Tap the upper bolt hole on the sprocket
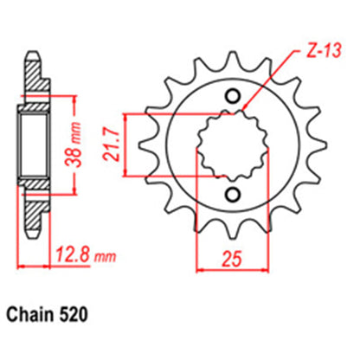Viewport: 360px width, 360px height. (x=231, y=95)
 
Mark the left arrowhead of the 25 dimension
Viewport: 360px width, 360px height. (x=201, y=270)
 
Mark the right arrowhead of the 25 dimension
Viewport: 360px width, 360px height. (x=261, y=270)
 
